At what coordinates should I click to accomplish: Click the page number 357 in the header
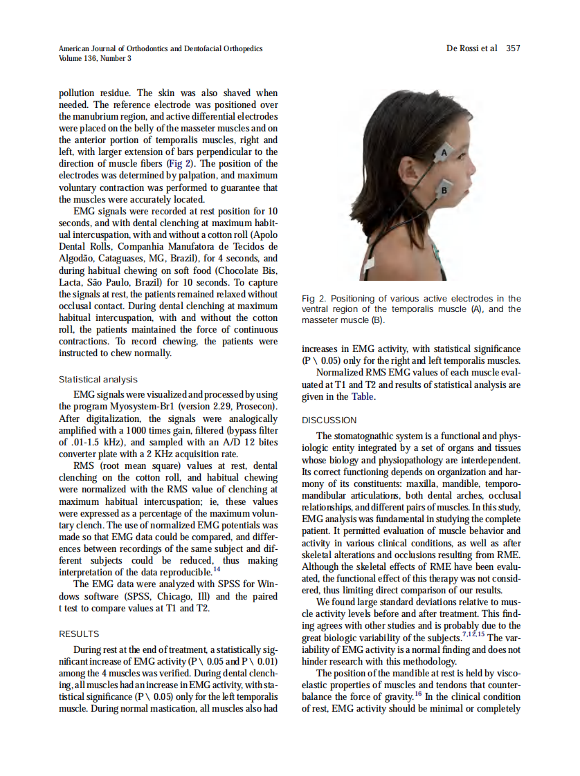513,48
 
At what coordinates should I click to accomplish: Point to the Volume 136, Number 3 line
95,58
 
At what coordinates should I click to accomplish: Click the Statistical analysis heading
98,380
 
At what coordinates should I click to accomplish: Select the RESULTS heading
79,634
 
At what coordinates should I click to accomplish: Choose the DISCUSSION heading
329,420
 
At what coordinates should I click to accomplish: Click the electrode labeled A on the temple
445,151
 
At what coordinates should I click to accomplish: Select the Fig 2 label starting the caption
314,299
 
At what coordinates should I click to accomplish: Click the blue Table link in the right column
364,397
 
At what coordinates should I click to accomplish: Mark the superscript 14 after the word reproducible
217,570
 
